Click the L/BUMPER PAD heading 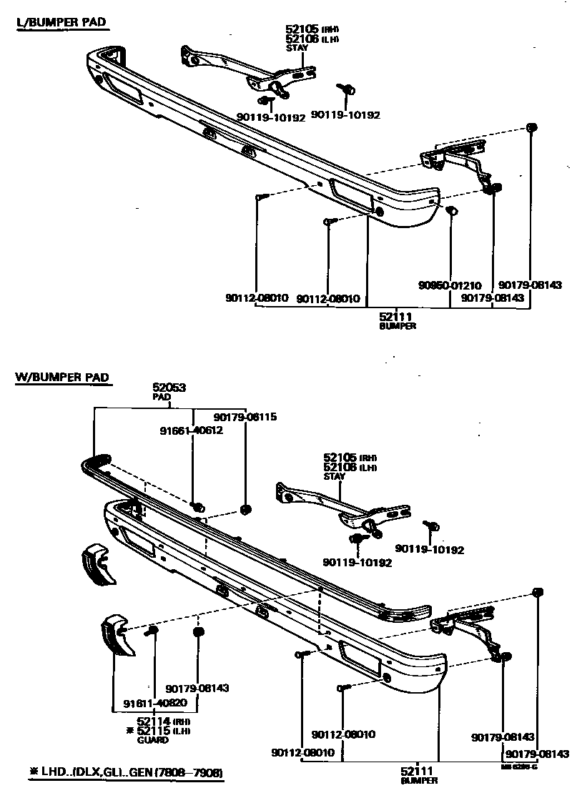[x=61, y=23]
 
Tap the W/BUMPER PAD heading [x=63, y=377]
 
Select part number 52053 [x=169, y=388]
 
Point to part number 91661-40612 [x=191, y=430]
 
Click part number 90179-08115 [x=245, y=417]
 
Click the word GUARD [x=153, y=740]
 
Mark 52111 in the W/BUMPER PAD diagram [x=416, y=771]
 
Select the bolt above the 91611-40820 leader [x=152, y=630]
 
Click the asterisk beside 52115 [x=129, y=730]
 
